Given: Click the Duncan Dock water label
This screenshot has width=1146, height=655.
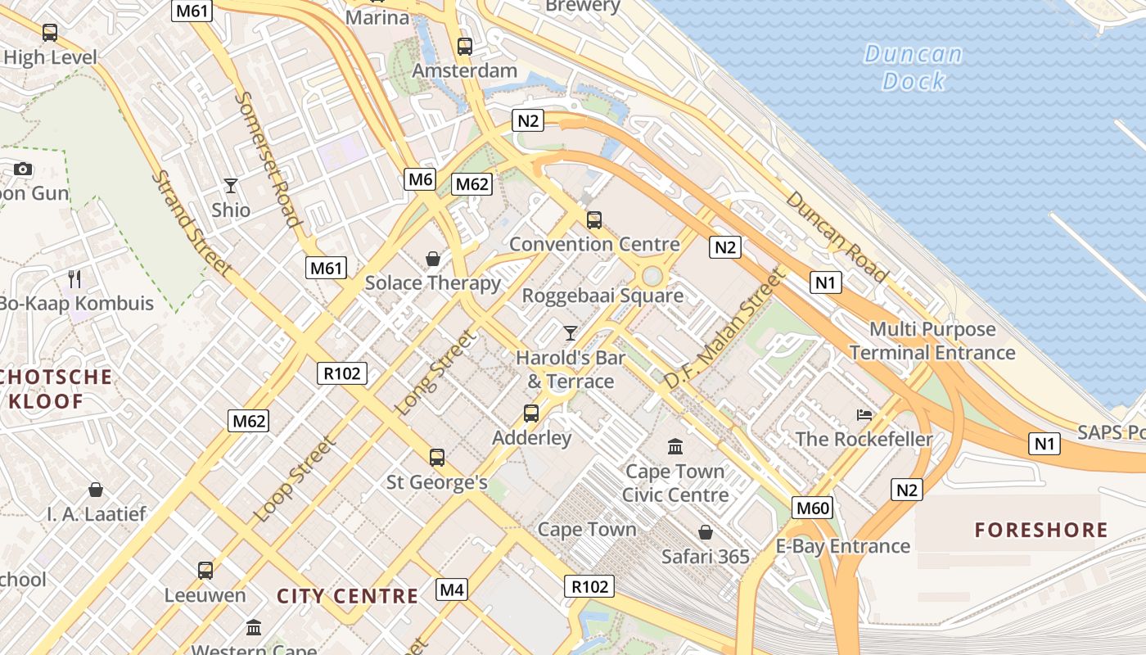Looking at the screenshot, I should (913, 68).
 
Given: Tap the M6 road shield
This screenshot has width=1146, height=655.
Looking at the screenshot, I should (420, 179).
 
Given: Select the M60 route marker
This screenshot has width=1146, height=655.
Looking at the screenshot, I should (813, 508).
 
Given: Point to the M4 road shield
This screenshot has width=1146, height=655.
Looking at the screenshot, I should (452, 589).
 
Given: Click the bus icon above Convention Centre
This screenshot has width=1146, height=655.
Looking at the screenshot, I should (594, 219).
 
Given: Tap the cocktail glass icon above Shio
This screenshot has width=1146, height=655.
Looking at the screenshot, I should (231, 186).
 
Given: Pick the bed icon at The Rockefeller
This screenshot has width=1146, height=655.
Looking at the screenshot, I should (864, 415).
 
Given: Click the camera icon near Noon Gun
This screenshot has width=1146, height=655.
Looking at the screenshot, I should (23, 169).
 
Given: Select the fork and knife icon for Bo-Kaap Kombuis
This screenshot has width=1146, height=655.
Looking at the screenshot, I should (74, 279).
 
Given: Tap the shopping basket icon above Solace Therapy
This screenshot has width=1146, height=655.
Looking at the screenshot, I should (433, 260).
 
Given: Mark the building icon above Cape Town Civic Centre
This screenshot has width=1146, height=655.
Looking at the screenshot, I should (675, 447).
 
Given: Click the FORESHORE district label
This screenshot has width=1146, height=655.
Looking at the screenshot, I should (1041, 530).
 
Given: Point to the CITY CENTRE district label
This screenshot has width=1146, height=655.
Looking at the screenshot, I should (348, 596).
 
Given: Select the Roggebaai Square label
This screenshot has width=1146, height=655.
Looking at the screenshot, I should (602, 296).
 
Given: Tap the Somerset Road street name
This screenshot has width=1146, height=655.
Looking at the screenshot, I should (268, 158).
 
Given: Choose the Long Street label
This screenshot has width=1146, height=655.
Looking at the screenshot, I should (435, 373).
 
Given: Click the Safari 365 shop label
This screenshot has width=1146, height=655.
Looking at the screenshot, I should (705, 557).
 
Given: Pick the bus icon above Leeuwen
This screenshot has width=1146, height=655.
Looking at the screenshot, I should (205, 570).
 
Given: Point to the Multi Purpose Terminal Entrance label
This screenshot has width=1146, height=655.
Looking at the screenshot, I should (932, 341).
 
